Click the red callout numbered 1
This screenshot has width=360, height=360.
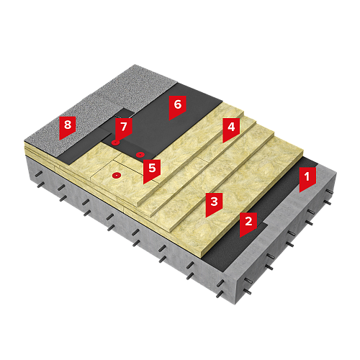click(x=307, y=179)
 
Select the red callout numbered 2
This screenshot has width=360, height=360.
click(x=248, y=223)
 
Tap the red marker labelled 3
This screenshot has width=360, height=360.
click(x=214, y=204)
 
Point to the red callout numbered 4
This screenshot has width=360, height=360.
click(x=231, y=129)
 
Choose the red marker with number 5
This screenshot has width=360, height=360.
click(x=152, y=170)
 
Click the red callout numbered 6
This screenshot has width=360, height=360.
click(x=178, y=107)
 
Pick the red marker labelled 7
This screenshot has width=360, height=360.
click(x=124, y=128)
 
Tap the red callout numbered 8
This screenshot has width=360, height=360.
click(x=68, y=127)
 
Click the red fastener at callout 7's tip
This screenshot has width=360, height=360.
click(x=115, y=143)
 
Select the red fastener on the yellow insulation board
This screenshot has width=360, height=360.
click(x=117, y=176)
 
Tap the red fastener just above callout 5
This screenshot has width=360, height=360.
click(x=140, y=155)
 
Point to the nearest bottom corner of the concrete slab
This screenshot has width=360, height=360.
click(x=235, y=305)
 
